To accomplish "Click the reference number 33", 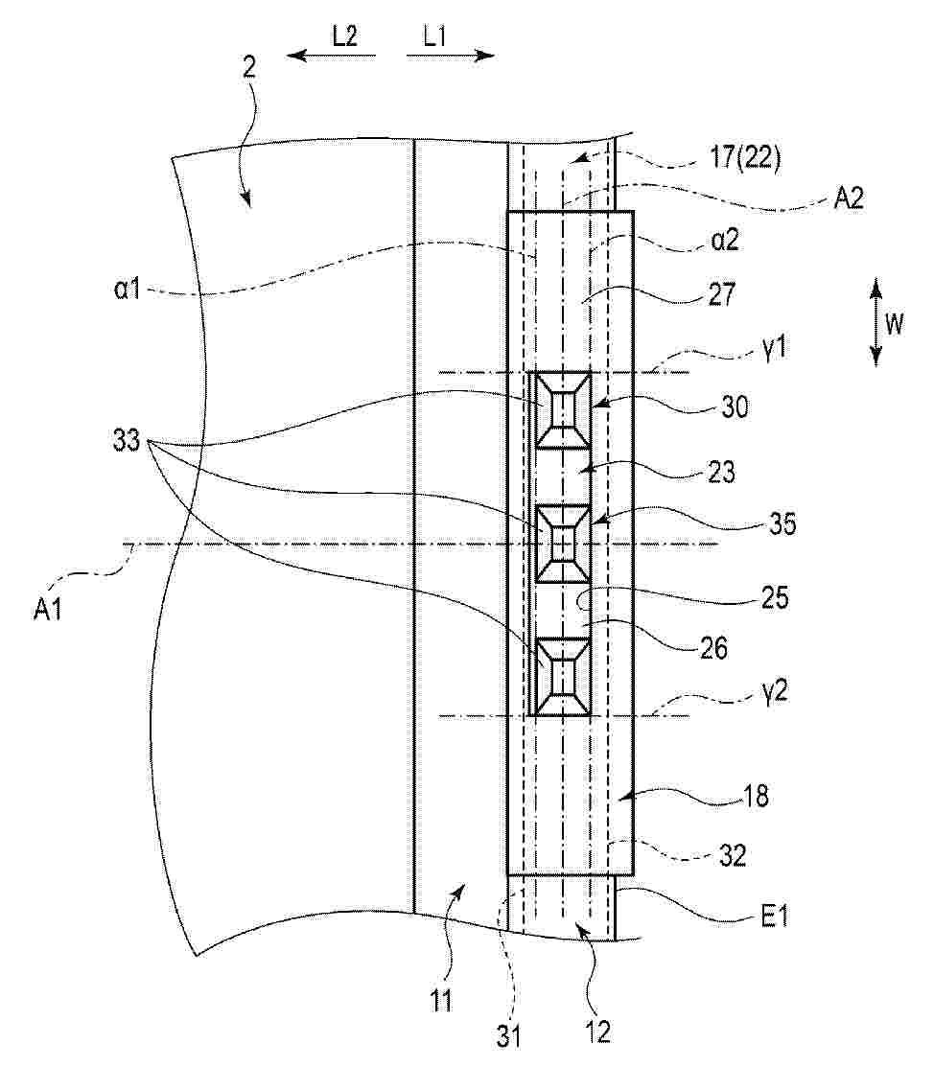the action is pos(126,441).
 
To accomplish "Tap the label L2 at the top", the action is pos(344,35).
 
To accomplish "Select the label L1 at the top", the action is pos(434,35).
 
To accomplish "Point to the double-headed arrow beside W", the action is pos(876,321).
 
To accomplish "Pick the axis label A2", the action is pos(849,198).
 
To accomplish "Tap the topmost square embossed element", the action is pos(563,410).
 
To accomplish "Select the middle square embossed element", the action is pos(563,545).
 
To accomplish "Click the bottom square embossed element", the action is pos(563,677).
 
